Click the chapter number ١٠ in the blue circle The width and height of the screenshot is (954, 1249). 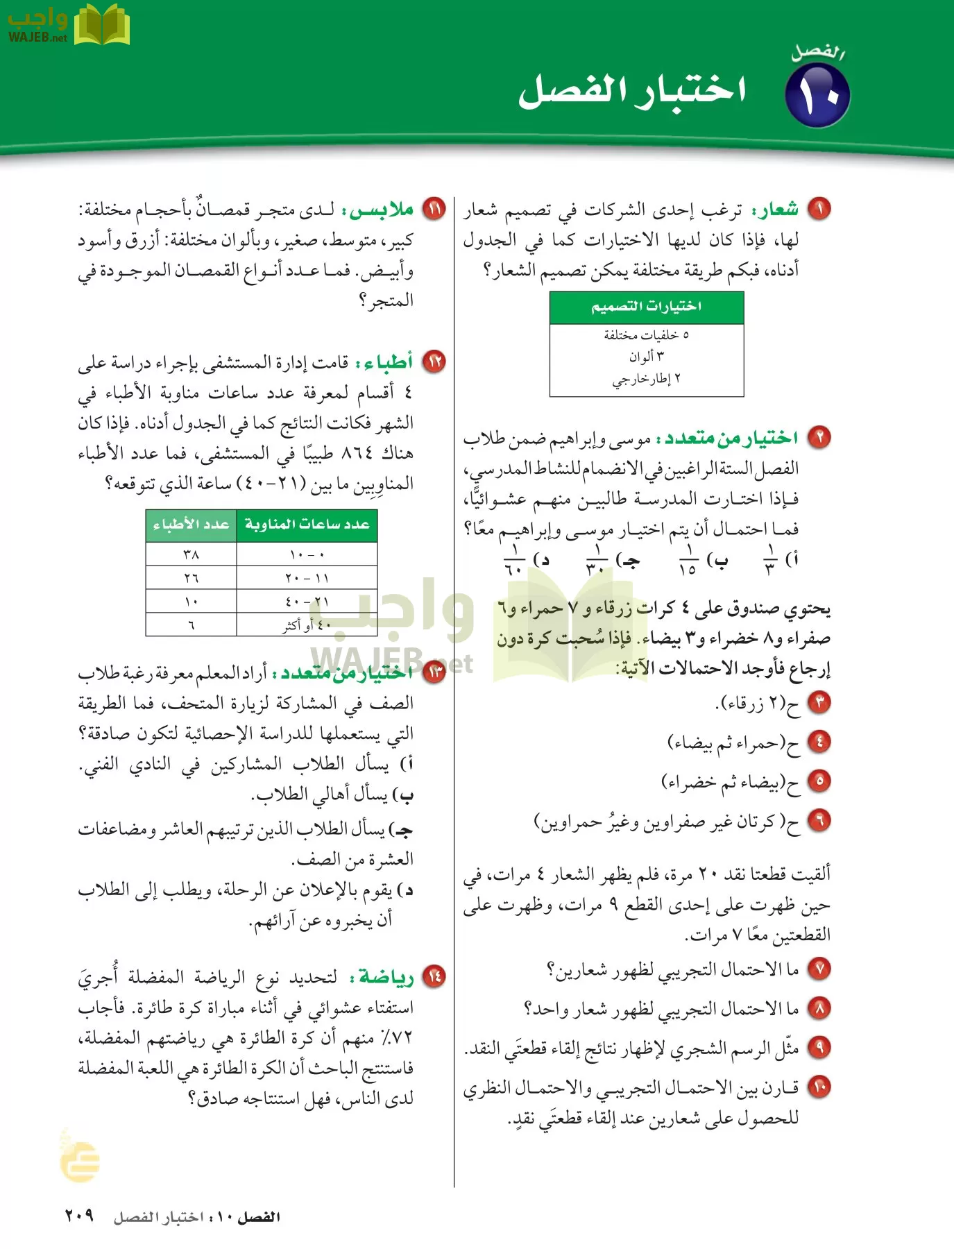817,96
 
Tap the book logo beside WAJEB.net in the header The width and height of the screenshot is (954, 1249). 101,26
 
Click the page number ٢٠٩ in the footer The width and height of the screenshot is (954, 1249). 79,1216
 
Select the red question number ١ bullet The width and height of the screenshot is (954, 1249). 819,208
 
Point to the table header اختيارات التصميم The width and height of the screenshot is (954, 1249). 646,307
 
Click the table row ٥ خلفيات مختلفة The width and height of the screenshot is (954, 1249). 646,335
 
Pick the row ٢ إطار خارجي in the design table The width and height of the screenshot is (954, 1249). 646,379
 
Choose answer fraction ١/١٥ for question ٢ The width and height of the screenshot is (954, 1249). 688,559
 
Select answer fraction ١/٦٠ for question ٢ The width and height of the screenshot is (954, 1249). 514,559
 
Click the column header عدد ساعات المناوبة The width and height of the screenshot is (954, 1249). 307,525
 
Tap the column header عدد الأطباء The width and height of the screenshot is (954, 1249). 191,525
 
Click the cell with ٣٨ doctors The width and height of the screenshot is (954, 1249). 191,554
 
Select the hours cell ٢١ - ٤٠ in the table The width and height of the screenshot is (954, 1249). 307,601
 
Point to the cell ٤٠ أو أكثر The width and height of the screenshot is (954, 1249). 307,624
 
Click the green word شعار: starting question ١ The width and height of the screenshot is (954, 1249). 777,209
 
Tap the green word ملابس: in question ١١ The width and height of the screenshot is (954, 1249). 382,209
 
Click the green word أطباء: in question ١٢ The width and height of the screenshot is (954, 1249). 385,362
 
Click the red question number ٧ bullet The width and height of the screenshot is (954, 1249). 819,968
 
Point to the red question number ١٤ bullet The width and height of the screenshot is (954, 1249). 434,976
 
